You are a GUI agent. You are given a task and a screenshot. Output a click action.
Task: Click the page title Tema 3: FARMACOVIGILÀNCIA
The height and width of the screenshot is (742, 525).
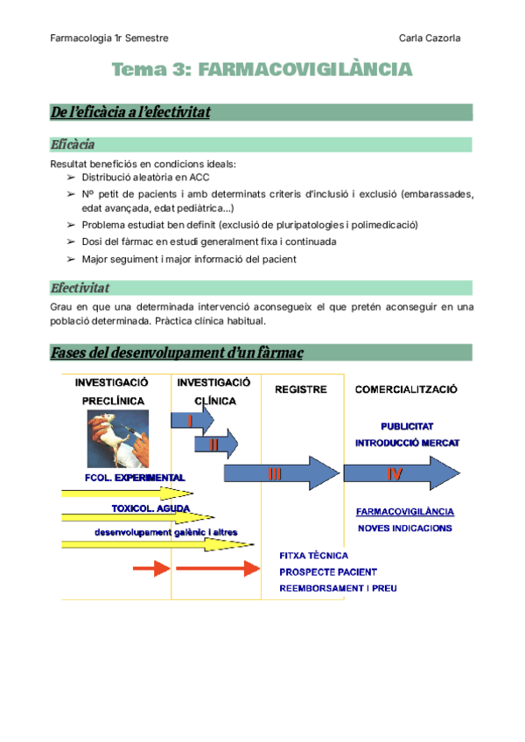point(262,70)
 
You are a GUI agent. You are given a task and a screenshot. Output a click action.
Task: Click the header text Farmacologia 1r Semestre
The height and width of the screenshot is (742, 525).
point(109,38)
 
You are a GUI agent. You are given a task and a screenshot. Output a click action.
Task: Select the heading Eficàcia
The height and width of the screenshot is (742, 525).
point(73,144)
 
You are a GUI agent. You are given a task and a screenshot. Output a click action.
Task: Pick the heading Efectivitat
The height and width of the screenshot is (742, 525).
point(80,288)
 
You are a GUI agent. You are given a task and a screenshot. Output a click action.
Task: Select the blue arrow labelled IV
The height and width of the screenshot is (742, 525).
point(397,473)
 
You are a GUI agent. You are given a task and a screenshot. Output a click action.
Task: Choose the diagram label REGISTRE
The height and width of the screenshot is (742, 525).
point(301,389)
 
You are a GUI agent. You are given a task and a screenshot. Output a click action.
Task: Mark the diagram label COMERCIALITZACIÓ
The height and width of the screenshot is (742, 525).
point(408,389)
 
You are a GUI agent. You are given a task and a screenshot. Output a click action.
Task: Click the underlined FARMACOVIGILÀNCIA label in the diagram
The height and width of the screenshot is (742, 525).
point(405,512)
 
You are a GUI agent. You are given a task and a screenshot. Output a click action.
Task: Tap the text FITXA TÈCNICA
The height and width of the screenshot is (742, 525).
point(313,555)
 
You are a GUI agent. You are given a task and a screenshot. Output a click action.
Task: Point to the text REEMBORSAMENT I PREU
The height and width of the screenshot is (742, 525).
point(338,588)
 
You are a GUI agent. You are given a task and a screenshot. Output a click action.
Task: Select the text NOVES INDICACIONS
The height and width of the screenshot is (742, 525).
point(405,528)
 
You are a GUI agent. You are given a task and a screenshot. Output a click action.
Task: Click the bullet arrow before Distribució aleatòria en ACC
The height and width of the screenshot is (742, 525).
point(71,177)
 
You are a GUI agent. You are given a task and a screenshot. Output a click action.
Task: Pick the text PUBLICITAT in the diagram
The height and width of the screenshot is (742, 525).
point(408,426)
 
